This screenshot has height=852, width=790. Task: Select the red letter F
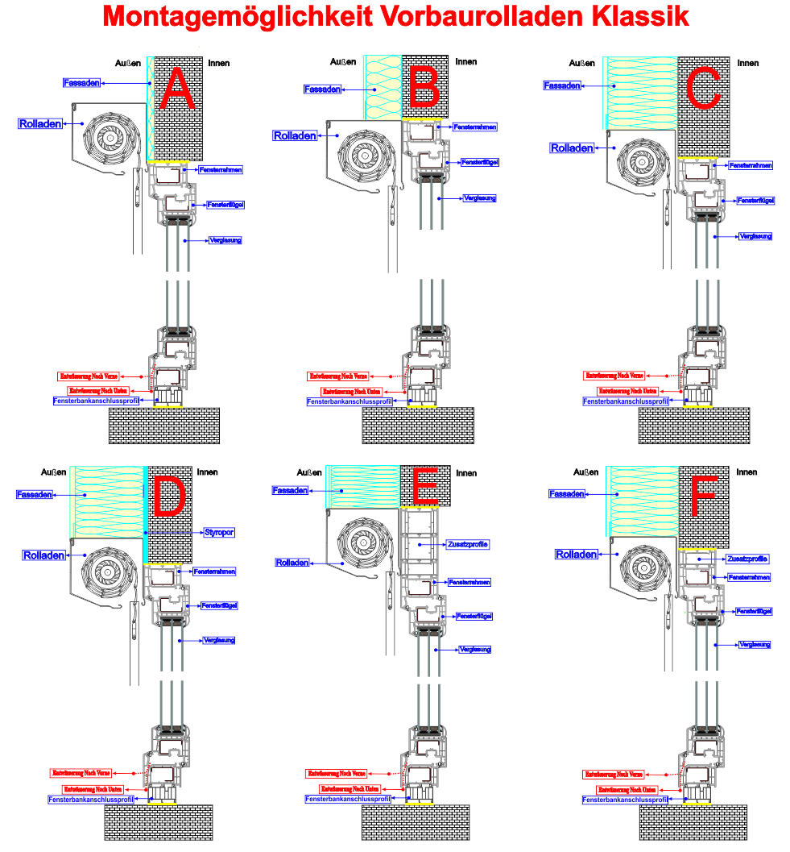[703, 495]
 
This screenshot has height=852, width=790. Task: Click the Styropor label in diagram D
[218, 533]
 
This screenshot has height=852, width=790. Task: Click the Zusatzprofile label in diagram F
[747, 559]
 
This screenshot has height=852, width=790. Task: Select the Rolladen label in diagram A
[40, 124]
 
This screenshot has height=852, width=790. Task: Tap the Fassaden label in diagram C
[562, 85]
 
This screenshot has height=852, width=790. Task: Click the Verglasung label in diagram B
[479, 197]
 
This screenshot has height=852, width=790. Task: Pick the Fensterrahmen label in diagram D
[214, 571]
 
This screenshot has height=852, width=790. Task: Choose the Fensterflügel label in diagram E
[474, 616]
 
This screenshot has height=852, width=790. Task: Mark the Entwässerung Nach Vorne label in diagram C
[614, 376]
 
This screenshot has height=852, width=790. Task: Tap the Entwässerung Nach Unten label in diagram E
[350, 788]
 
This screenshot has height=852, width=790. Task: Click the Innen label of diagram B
[466, 61]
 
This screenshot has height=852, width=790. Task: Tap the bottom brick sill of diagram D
[159, 822]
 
